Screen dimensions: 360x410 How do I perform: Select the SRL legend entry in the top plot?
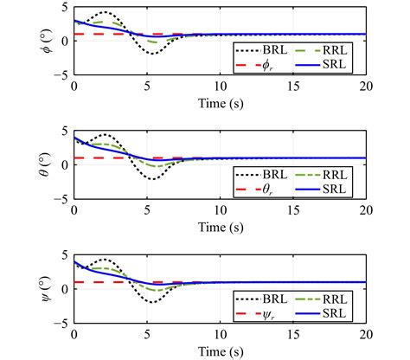330,65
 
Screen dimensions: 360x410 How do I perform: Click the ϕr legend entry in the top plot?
259,65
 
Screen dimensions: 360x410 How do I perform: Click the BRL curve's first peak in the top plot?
105,13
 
